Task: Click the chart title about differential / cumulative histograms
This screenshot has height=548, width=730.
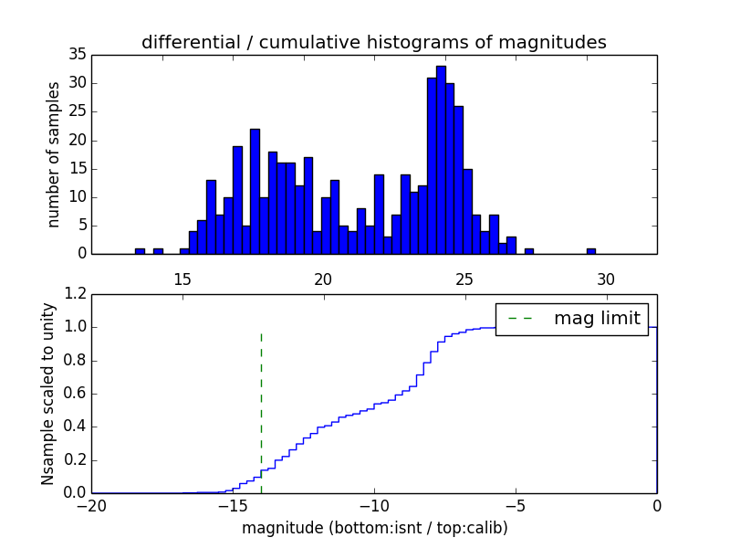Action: [373, 42]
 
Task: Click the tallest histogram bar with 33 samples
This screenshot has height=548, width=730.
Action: [441, 160]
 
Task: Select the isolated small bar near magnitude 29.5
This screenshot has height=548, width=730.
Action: [591, 251]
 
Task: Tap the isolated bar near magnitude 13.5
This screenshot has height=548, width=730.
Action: [140, 251]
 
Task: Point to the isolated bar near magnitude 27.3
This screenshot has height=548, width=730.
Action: [529, 251]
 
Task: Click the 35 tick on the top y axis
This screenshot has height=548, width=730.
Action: [77, 55]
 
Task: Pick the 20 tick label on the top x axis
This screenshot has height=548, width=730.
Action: [323, 279]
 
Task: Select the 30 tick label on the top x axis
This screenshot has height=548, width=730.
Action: [606, 279]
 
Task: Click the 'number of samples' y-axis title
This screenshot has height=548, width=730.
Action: [55, 154]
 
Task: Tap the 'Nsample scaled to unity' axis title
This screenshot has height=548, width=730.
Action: [48, 394]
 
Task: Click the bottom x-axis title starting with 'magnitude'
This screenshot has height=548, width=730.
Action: [374, 528]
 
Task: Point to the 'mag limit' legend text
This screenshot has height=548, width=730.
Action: [597, 318]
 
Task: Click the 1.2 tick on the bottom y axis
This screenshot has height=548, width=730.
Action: [76, 294]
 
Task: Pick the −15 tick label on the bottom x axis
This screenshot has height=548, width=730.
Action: [233, 505]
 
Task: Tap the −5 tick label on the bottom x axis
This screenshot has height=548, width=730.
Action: [516, 505]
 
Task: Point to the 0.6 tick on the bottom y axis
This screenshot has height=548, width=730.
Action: [76, 394]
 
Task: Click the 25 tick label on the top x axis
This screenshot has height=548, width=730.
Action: [464, 279]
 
